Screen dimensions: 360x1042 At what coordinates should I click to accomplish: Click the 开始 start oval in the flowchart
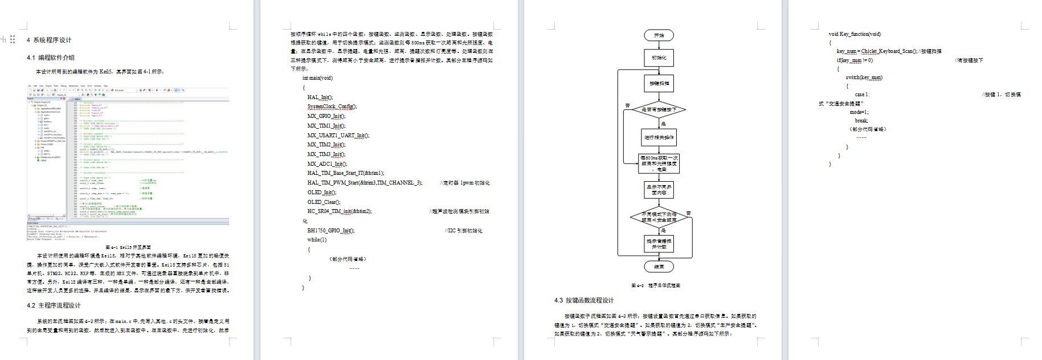(659, 35)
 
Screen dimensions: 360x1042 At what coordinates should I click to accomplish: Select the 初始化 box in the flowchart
(659, 58)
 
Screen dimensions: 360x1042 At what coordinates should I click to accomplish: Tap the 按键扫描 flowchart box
(659, 83)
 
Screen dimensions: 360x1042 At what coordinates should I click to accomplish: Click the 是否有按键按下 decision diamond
(659, 109)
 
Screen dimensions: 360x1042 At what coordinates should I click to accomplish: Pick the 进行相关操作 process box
(659, 137)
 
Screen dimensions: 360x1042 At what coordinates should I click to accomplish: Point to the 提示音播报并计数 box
(659, 244)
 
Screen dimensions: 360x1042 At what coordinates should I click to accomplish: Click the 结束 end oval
(659, 267)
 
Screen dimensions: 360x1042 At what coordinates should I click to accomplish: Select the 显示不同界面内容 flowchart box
(659, 190)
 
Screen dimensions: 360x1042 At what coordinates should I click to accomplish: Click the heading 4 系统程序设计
(49, 40)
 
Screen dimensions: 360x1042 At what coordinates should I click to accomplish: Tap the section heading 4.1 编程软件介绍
(50, 58)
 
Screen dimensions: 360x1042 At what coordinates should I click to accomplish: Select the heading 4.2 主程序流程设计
(54, 305)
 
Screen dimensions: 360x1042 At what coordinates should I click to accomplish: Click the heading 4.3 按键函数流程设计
(584, 300)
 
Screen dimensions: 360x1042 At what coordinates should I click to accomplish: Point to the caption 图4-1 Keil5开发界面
(128, 247)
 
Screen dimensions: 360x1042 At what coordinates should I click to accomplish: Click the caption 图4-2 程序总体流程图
(655, 285)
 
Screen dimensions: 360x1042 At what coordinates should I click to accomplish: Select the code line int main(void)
(317, 78)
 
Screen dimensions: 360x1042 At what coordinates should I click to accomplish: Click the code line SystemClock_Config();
(332, 107)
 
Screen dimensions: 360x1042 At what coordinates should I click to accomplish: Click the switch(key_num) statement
(864, 77)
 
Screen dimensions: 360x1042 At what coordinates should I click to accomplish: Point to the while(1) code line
(317, 240)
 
